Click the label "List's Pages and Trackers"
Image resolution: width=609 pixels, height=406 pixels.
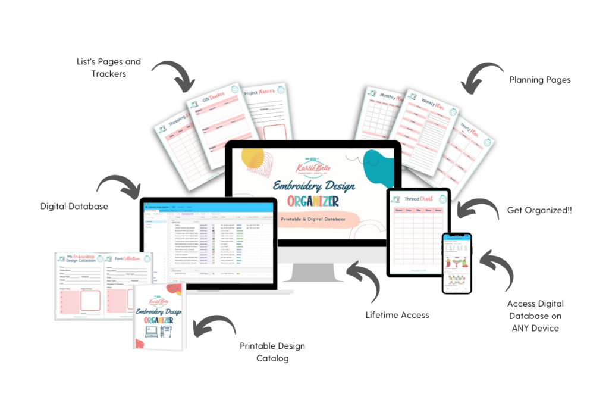point(108,67)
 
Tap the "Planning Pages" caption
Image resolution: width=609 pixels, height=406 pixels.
point(539,80)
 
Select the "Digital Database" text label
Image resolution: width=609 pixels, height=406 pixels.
point(74,207)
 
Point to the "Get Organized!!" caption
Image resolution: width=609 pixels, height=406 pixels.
point(539,210)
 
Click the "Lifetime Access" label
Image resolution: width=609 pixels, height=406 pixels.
point(397,315)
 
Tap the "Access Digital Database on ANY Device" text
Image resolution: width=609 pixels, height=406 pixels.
point(534,316)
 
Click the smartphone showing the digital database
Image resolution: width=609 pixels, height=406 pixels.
point(456,263)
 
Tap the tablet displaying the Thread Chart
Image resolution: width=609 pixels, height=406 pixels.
point(419,232)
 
